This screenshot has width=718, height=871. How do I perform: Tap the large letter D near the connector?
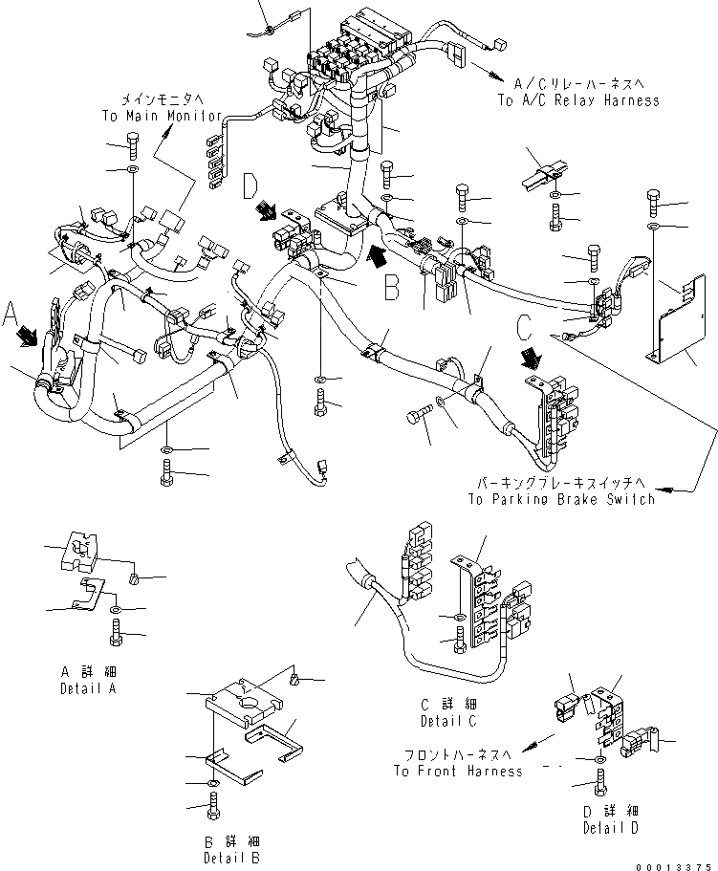click(x=250, y=184)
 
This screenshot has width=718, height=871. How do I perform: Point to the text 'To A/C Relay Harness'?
click(x=577, y=99)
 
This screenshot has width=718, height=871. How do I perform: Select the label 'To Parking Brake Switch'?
click(x=561, y=498)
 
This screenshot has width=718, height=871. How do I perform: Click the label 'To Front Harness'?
click(x=457, y=771)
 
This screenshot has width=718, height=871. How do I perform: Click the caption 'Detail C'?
click(x=447, y=720)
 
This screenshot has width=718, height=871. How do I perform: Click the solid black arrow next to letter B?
click(x=379, y=255)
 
